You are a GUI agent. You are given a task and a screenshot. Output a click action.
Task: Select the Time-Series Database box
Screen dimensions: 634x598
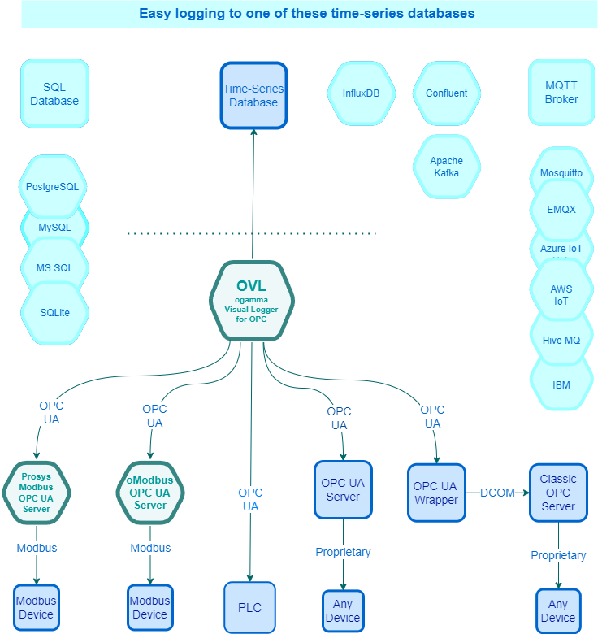tap(253, 95)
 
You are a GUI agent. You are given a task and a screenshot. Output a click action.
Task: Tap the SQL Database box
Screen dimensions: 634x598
tap(54, 93)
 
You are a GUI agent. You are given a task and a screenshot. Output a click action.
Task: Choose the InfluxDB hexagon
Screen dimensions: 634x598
tap(362, 93)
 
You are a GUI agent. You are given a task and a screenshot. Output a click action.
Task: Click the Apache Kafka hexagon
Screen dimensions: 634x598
tap(446, 167)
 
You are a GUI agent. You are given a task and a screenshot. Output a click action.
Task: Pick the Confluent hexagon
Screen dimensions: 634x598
tap(446, 93)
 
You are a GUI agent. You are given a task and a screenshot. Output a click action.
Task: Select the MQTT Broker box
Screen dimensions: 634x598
tap(561, 93)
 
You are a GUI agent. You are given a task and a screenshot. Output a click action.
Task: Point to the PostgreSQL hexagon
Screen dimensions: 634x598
tap(53, 186)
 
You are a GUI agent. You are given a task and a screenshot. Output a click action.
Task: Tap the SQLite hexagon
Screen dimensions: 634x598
tap(55, 312)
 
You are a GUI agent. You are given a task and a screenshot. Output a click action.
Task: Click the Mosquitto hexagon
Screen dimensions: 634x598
tap(561, 172)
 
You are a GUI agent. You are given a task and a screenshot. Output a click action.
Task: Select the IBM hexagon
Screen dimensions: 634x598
tap(561, 384)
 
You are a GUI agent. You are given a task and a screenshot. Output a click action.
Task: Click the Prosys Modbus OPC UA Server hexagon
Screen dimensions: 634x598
tap(36, 492)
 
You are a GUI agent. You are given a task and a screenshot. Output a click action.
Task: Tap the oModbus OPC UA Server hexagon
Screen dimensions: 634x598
tap(150, 492)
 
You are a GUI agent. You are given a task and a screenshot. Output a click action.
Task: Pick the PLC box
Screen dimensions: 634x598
tap(250, 607)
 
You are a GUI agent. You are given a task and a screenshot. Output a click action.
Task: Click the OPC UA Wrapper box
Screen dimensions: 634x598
tap(435, 493)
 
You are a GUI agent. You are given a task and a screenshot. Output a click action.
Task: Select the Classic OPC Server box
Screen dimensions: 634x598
tap(558, 493)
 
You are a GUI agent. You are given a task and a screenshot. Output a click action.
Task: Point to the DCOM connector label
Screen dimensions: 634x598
tap(498, 493)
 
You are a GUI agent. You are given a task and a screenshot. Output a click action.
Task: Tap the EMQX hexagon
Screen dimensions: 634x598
tap(561, 209)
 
